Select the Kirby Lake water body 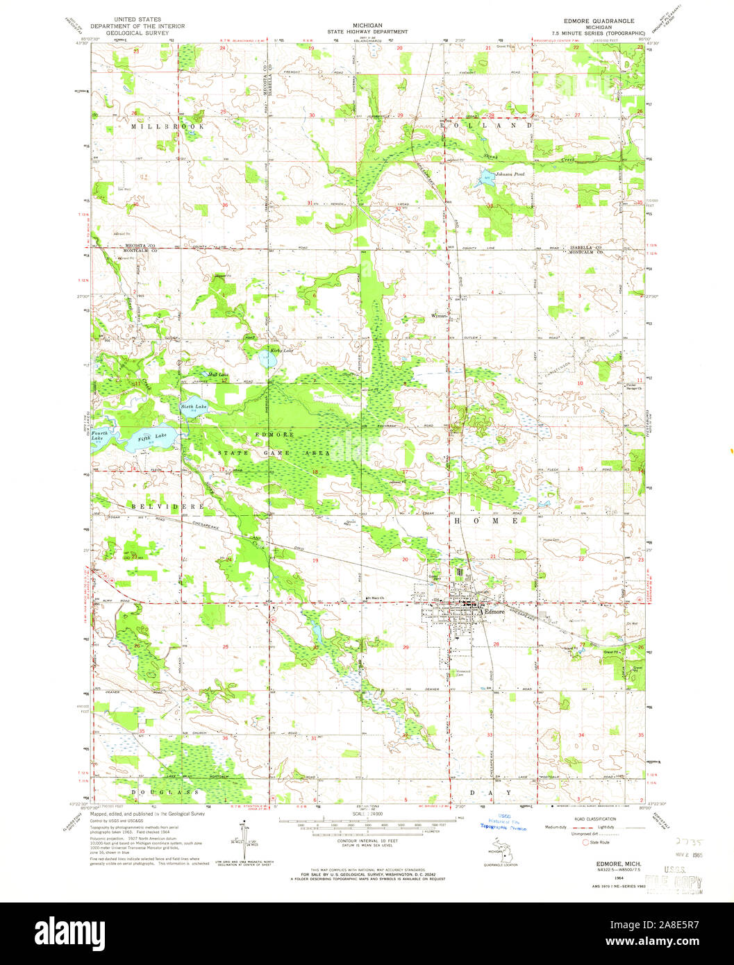(266, 360)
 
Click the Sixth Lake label (194, 406)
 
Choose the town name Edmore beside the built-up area (494, 612)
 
